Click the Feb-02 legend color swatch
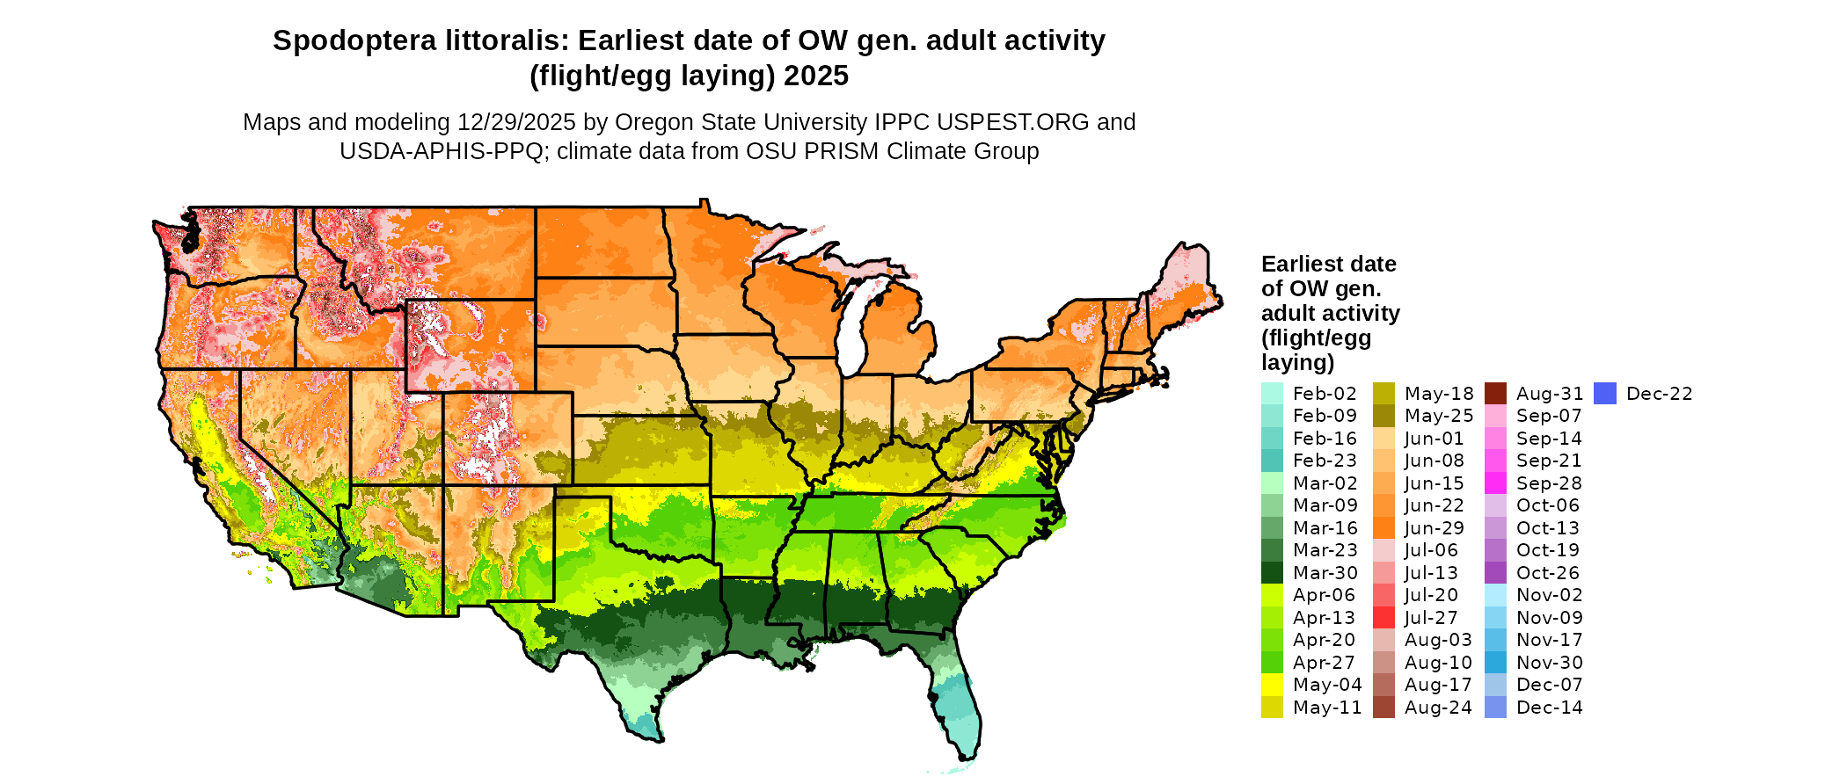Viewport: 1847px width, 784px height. click(x=1272, y=394)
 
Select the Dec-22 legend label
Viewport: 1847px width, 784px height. click(x=1659, y=394)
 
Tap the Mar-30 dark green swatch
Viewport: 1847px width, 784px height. click(x=1272, y=573)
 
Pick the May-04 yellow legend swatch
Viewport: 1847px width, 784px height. click(x=1272, y=685)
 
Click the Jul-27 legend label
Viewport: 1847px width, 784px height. click(x=1431, y=618)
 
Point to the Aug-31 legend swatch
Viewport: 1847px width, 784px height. click(x=1495, y=394)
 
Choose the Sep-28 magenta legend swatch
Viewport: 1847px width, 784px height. click(x=1495, y=483)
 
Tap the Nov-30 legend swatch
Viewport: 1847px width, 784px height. click(x=1495, y=663)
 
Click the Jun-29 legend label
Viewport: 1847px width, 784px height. click(x=1434, y=528)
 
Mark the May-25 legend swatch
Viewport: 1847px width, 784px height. click(x=1383, y=416)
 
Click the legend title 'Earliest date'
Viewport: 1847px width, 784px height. click(x=1328, y=265)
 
